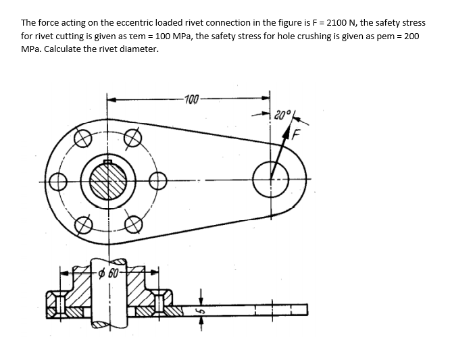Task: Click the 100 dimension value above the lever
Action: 192,100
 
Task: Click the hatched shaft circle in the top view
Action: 107,181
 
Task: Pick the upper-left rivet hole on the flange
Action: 82,138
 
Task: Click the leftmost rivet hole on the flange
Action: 57,182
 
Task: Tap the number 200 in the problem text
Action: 409,36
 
